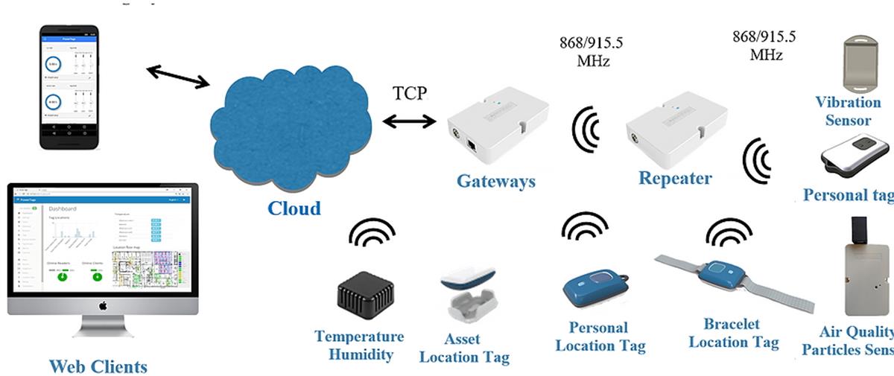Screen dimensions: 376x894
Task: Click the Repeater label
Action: click(674, 179)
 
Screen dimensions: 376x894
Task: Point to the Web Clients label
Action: click(98, 366)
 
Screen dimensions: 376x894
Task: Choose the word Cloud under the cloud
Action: click(294, 208)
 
